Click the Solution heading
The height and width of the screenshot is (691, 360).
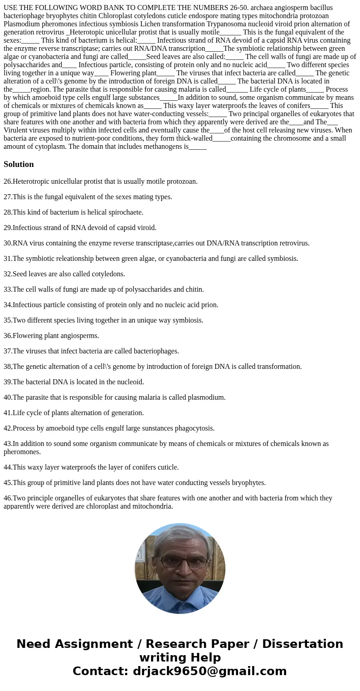(19, 164)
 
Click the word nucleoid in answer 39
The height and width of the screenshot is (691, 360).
(131, 382)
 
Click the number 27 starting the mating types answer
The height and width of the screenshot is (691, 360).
(7, 197)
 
